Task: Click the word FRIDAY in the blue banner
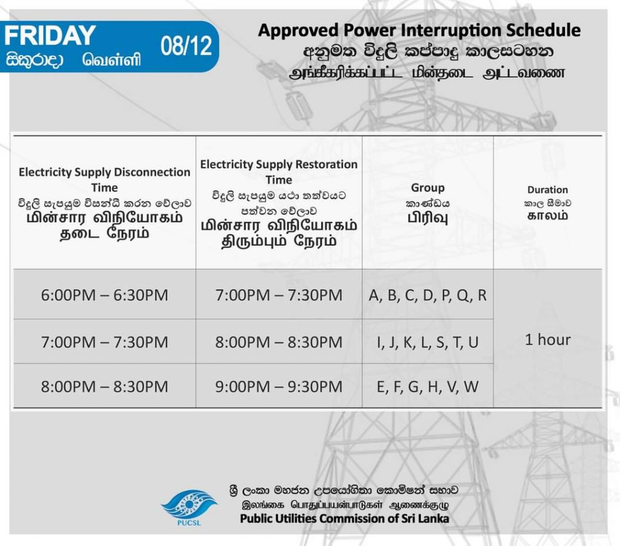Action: pos(50,35)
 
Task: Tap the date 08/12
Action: pos(186,45)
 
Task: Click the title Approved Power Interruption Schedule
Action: pos(419,30)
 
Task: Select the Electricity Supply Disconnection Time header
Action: pos(104,179)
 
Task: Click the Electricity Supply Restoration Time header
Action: pos(279,171)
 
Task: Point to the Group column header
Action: pos(428,187)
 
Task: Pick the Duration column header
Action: pos(547,190)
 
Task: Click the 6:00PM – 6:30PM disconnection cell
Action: pos(105,295)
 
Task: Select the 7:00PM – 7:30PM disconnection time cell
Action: pos(105,342)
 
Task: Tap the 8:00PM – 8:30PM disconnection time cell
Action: pos(105,387)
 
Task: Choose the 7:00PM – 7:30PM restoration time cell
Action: pos(279,295)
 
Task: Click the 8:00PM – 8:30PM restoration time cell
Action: pos(279,342)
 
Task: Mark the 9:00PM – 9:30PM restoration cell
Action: pos(279,387)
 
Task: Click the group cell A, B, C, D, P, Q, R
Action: pos(428,296)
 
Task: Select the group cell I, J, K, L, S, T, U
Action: pos(428,342)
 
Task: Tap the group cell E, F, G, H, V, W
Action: pos(428,387)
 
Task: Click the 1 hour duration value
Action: pos(547,340)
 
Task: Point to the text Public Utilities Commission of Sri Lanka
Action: pos(345,518)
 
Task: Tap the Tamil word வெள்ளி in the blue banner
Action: pos(111,60)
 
